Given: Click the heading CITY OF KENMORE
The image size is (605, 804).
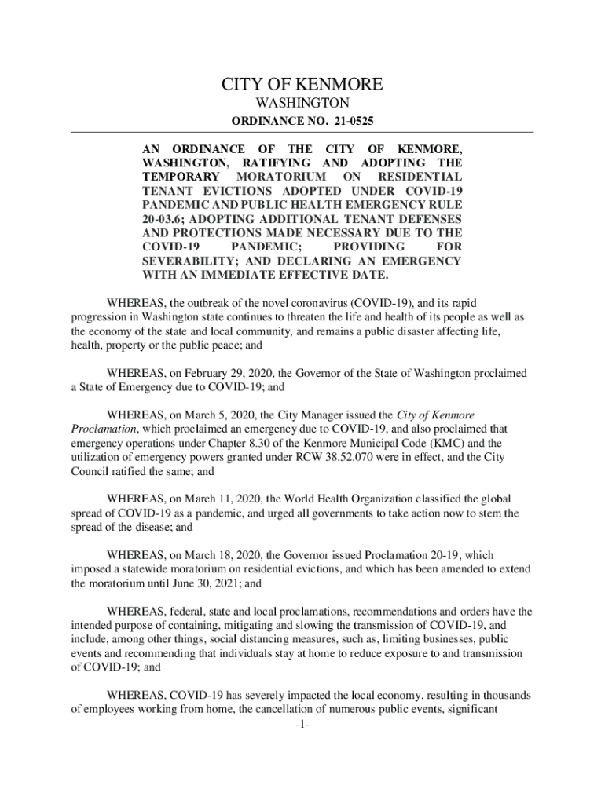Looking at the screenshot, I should (x=302, y=84).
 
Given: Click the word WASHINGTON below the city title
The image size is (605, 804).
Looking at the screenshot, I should (x=302, y=104).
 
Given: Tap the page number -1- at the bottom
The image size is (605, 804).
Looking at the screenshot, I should (x=302, y=724).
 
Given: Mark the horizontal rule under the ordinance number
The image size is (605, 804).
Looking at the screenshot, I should (x=302, y=133).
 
